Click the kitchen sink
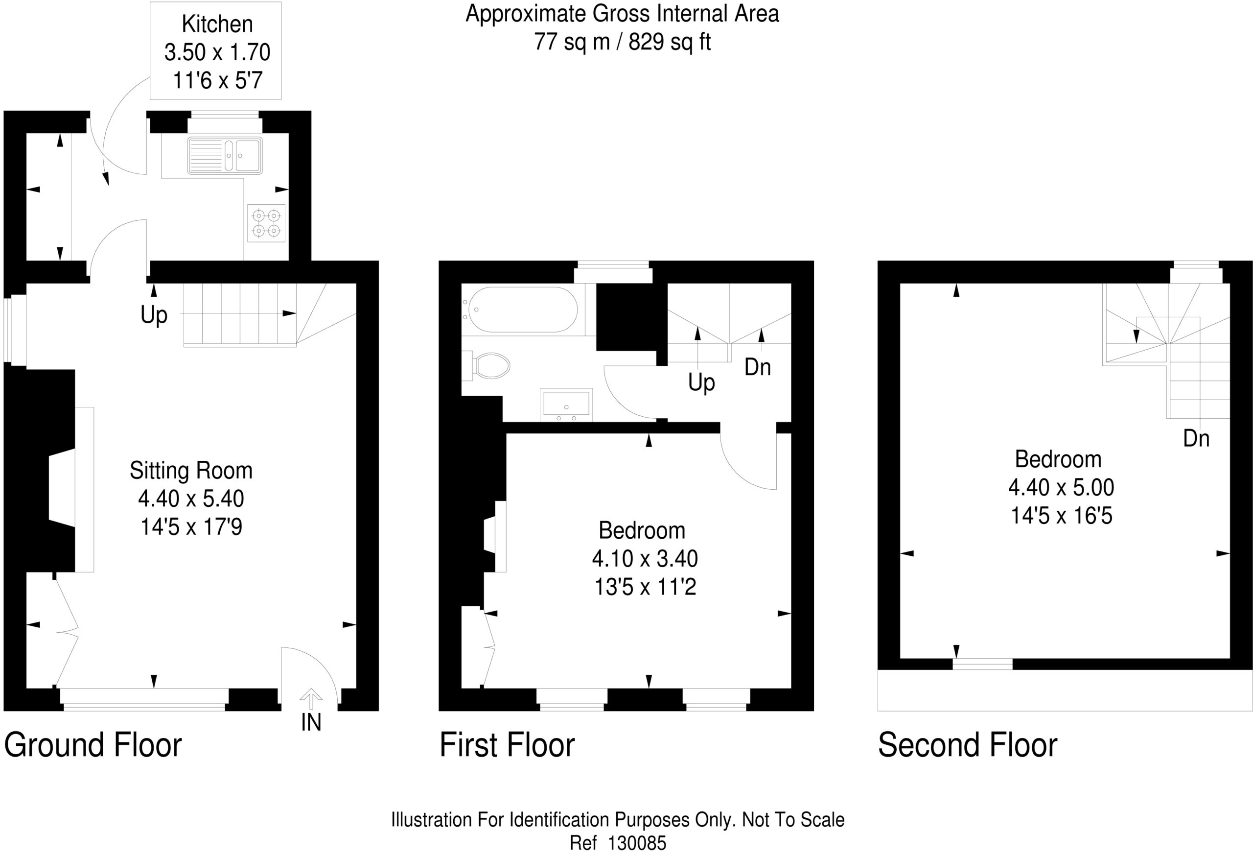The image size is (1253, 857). pyautogui.click(x=225, y=156)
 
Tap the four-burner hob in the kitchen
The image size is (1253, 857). pyautogui.click(x=266, y=223)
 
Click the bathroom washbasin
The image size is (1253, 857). pyautogui.click(x=566, y=405)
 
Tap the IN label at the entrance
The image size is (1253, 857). pyautogui.click(x=311, y=723)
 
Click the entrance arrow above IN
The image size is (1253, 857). pyautogui.click(x=310, y=698)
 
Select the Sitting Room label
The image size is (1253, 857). pyautogui.click(x=191, y=470)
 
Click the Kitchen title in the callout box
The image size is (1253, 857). pyautogui.click(x=217, y=24)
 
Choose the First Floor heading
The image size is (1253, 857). pyautogui.click(x=508, y=745)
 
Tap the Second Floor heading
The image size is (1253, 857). pyautogui.click(x=968, y=745)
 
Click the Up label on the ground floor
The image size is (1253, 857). pyautogui.click(x=154, y=315)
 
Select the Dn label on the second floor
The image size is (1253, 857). pyautogui.click(x=1196, y=438)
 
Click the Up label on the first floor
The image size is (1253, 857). pyautogui.click(x=701, y=383)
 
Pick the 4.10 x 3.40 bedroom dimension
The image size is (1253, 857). pyautogui.click(x=645, y=558)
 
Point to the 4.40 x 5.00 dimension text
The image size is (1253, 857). pyautogui.click(x=1061, y=487)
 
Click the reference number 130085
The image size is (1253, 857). pyautogui.click(x=637, y=842)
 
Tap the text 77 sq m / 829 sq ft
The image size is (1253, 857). pyautogui.click(x=623, y=42)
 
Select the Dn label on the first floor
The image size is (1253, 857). pyautogui.click(x=758, y=367)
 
